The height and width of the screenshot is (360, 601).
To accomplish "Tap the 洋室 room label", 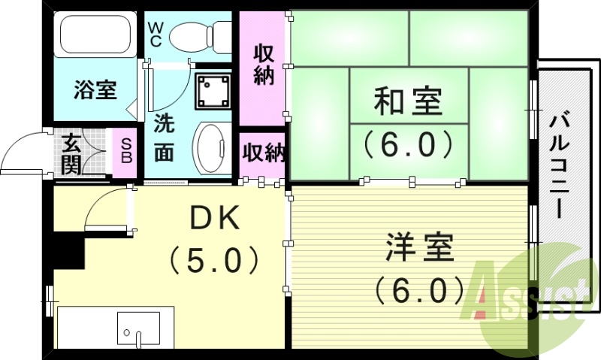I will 420,247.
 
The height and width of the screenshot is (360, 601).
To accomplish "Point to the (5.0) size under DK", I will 213,261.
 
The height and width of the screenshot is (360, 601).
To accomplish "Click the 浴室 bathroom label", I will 95,89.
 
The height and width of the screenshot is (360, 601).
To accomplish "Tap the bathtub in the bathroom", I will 96,35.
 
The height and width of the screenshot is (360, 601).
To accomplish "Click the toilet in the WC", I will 201,35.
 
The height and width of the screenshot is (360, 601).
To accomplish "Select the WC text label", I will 156,34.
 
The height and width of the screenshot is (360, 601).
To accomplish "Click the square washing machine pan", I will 213,91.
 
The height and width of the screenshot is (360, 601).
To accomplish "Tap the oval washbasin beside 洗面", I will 213,147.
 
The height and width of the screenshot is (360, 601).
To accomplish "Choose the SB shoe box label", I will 125,151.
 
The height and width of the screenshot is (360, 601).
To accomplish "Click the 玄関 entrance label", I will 71,153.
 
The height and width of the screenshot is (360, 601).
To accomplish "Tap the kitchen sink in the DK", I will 138,328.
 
